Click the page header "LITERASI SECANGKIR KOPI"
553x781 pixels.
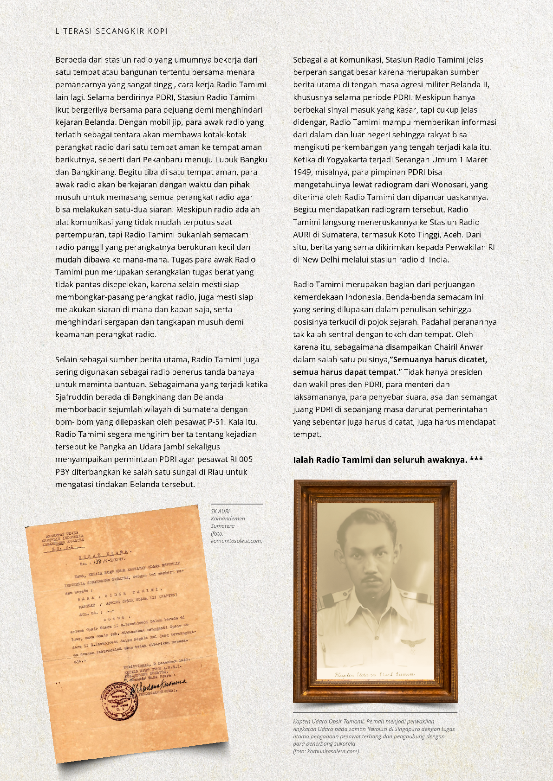pyautogui.click(x=111, y=31)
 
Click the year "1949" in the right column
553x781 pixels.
pyautogui.click(x=302, y=172)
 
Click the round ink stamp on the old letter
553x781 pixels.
pyautogui.click(x=119, y=700)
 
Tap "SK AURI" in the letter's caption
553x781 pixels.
pyautogui.click(x=220, y=511)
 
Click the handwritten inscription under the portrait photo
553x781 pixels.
pyautogui.click(x=375, y=674)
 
